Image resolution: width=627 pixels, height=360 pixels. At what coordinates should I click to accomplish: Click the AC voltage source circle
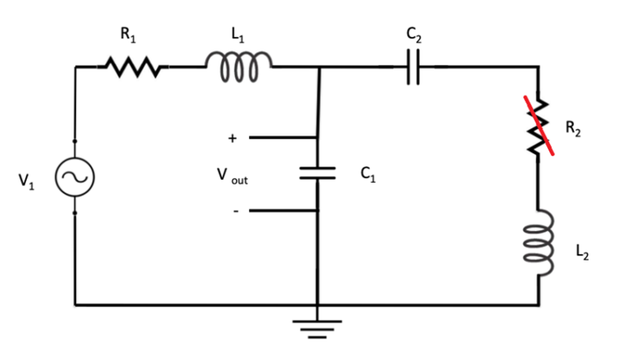pyautogui.click(x=74, y=176)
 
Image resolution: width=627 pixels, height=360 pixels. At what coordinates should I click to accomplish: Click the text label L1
pyautogui.click(x=237, y=35)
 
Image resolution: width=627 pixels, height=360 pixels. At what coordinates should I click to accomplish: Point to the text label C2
pyautogui.click(x=413, y=35)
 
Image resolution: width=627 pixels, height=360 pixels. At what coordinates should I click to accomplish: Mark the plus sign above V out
pyautogui.click(x=233, y=140)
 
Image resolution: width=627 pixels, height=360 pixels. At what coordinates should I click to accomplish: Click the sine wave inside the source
pyautogui.click(x=74, y=176)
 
